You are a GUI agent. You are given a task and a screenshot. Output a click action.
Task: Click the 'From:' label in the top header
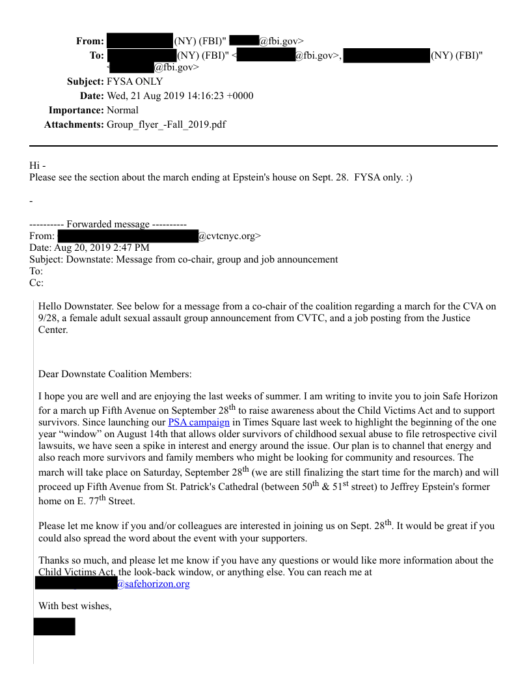(90, 41)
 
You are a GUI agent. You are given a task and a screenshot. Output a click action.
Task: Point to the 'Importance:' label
(76, 110)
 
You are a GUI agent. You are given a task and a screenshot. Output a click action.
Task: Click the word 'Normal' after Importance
(122, 110)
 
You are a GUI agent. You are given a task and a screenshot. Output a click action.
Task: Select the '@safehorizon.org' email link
(153, 584)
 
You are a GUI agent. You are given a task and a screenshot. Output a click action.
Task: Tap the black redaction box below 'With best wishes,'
(55, 626)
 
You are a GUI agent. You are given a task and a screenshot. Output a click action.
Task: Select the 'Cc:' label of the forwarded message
(36, 283)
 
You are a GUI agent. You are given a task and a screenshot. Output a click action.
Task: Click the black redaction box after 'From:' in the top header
(139, 41)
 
